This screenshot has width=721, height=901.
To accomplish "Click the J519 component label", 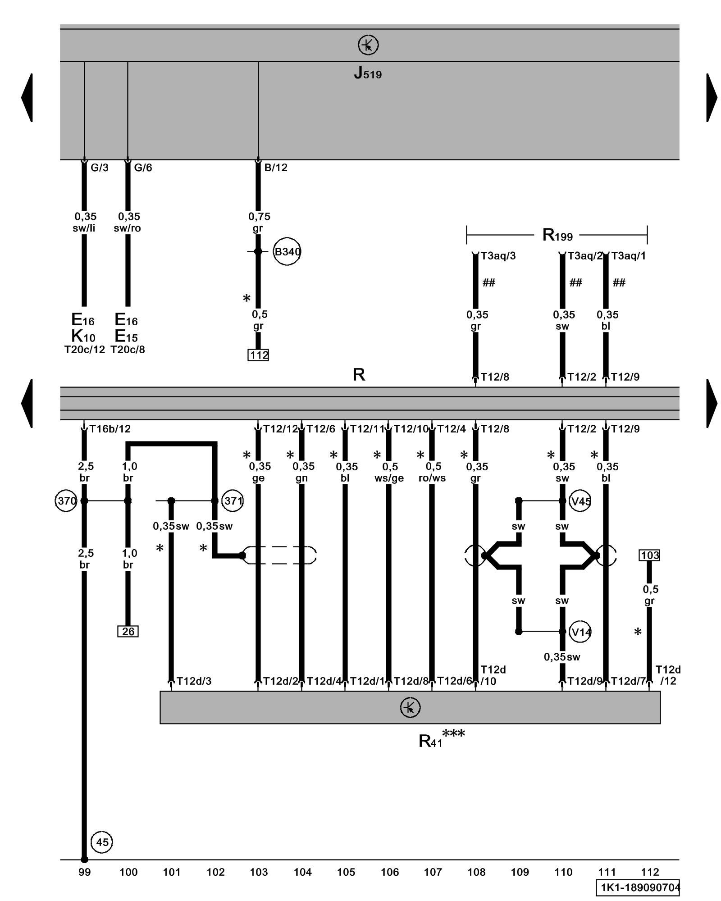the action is click(x=368, y=73).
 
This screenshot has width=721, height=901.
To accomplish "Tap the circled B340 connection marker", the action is click(x=287, y=251).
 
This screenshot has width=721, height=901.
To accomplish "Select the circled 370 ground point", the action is click(x=66, y=501).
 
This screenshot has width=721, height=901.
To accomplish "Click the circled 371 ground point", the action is click(x=233, y=501).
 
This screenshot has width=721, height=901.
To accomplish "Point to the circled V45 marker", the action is click(x=580, y=501).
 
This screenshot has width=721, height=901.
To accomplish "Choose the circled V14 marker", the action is click(x=580, y=632).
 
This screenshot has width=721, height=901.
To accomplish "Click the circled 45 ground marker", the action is click(x=102, y=842).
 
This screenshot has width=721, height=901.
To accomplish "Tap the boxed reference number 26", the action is click(x=128, y=632).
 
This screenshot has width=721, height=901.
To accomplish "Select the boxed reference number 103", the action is click(x=649, y=555).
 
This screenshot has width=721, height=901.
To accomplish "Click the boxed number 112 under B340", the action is click(x=259, y=355).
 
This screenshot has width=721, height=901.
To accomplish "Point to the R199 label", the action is click(x=557, y=235).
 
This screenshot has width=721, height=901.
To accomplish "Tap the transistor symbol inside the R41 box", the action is click(x=410, y=707).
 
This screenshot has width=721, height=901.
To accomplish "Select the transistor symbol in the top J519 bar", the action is click(x=368, y=45).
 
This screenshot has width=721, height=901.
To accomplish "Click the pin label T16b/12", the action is click(x=110, y=429).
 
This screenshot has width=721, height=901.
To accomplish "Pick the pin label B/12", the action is click(x=276, y=168).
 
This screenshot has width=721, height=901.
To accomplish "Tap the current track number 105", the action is click(x=346, y=872).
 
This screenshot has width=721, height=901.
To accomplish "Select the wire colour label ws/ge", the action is click(x=389, y=478).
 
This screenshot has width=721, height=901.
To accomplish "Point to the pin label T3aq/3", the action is click(x=498, y=256).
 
